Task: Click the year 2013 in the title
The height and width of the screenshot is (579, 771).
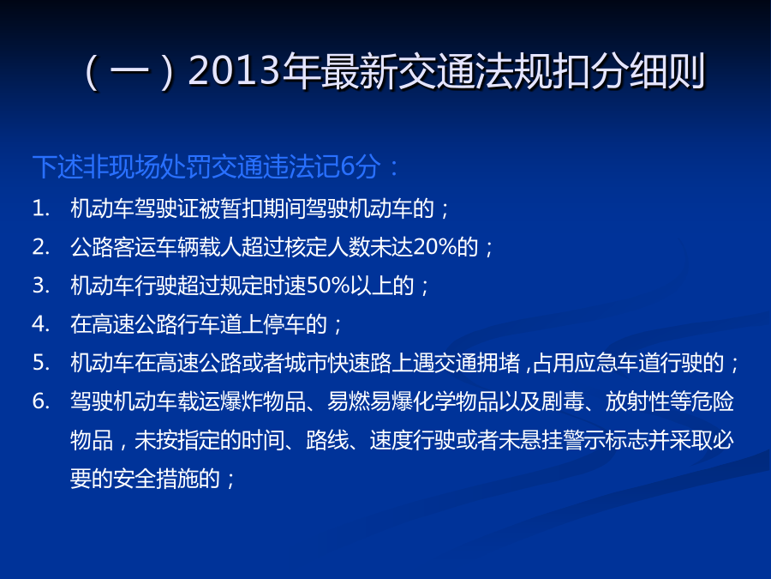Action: coord(234,71)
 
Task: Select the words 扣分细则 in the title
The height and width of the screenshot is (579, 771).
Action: coord(627,72)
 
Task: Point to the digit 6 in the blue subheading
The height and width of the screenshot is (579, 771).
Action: coord(348,166)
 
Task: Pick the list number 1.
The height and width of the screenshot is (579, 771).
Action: coord(41,208)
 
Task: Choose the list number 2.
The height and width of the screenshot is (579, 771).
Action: coord(41,247)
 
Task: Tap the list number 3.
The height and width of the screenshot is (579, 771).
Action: coord(41,285)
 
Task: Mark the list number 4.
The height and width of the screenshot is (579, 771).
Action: coord(41,324)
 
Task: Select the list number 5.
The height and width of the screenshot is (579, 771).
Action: coord(41,362)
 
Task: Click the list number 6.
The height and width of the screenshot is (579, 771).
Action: coord(41,401)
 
